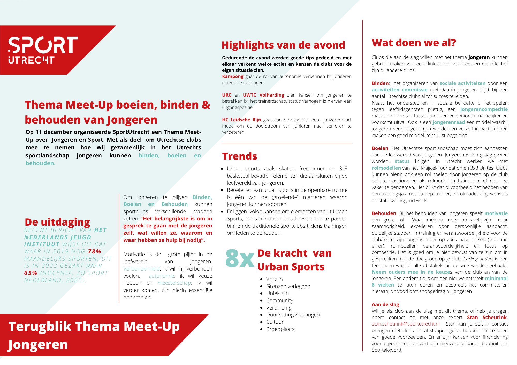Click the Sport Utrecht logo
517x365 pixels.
click(43, 50)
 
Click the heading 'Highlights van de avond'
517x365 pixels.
click(283, 45)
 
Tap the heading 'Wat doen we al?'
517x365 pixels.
click(414, 43)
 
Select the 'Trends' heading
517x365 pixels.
click(240, 156)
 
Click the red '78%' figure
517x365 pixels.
click(95, 251)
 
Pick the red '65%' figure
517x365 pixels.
click(31, 273)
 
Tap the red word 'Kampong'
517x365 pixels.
click(233, 76)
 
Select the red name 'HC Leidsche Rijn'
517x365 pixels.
click(241, 120)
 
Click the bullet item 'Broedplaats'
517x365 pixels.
click(280, 329)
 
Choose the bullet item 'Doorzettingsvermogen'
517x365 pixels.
click(293, 315)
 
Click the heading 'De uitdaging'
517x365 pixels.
click(57, 222)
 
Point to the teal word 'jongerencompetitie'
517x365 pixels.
click(484, 109)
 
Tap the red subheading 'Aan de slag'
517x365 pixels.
click(385, 305)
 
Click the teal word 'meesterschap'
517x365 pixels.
click(174, 283)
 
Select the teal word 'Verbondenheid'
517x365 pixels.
click(141, 269)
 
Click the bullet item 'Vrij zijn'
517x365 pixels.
click(274, 279)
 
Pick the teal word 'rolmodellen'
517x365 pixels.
click(386, 168)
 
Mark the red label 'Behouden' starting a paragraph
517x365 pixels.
click(384, 213)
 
